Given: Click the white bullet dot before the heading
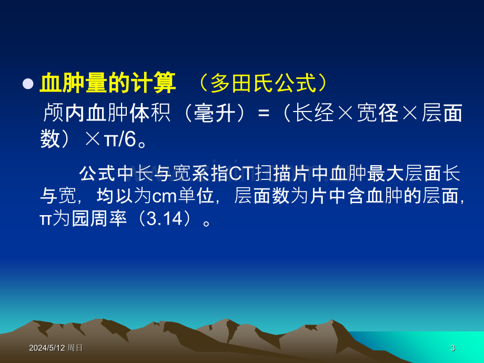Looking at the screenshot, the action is (28, 84).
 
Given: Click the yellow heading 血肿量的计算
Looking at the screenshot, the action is (108, 83).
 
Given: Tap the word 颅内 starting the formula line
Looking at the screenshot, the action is (64, 113).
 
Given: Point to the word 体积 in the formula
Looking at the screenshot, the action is (150, 113).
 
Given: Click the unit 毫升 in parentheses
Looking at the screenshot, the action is (215, 113).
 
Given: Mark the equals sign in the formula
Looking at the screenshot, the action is (263, 113).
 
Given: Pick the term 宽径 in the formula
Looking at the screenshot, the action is (378, 113).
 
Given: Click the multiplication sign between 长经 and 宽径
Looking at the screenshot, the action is (346, 113).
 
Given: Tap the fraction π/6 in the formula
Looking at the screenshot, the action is (120, 139).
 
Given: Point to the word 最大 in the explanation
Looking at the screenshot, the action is (386, 174).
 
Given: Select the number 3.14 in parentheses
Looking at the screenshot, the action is (165, 219).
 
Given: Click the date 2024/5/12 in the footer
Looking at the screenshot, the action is (47, 348).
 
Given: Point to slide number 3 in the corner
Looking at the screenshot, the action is (452, 348).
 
